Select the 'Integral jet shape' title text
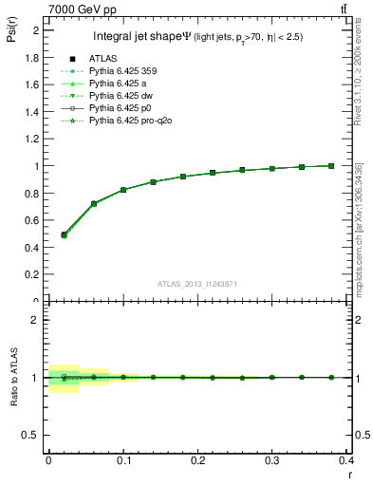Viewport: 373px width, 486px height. coord(141,37)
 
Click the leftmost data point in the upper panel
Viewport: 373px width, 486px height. coord(64,234)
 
